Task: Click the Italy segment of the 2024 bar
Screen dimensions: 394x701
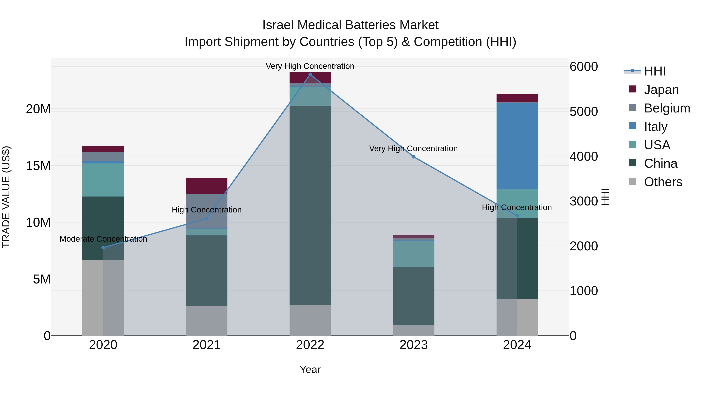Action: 517,146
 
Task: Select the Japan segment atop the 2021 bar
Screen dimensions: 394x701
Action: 207,186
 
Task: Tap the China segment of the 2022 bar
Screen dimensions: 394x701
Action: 310,205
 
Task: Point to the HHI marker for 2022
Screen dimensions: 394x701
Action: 310,75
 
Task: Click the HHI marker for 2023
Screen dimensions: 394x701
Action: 414,157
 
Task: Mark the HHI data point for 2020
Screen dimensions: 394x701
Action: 103,248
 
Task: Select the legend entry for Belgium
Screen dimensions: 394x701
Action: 667,108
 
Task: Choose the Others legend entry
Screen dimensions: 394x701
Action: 663,182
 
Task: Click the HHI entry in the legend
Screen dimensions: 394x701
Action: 655,71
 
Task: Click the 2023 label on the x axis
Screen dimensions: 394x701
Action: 413,345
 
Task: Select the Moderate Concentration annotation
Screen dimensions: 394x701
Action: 103,239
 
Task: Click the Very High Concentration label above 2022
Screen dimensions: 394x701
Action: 310,66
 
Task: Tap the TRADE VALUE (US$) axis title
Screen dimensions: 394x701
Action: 6,197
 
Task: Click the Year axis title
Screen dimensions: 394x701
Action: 310,369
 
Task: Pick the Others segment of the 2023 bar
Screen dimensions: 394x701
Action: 413,330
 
